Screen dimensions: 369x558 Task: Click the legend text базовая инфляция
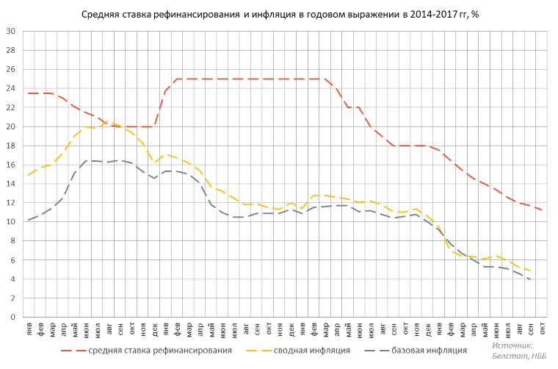click(429, 350)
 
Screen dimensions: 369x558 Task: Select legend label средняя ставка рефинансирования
click(160, 350)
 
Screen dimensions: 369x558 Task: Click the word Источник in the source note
click(512, 345)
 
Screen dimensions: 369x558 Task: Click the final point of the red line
click(542, 210)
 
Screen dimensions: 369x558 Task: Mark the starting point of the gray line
click(29, 220)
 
